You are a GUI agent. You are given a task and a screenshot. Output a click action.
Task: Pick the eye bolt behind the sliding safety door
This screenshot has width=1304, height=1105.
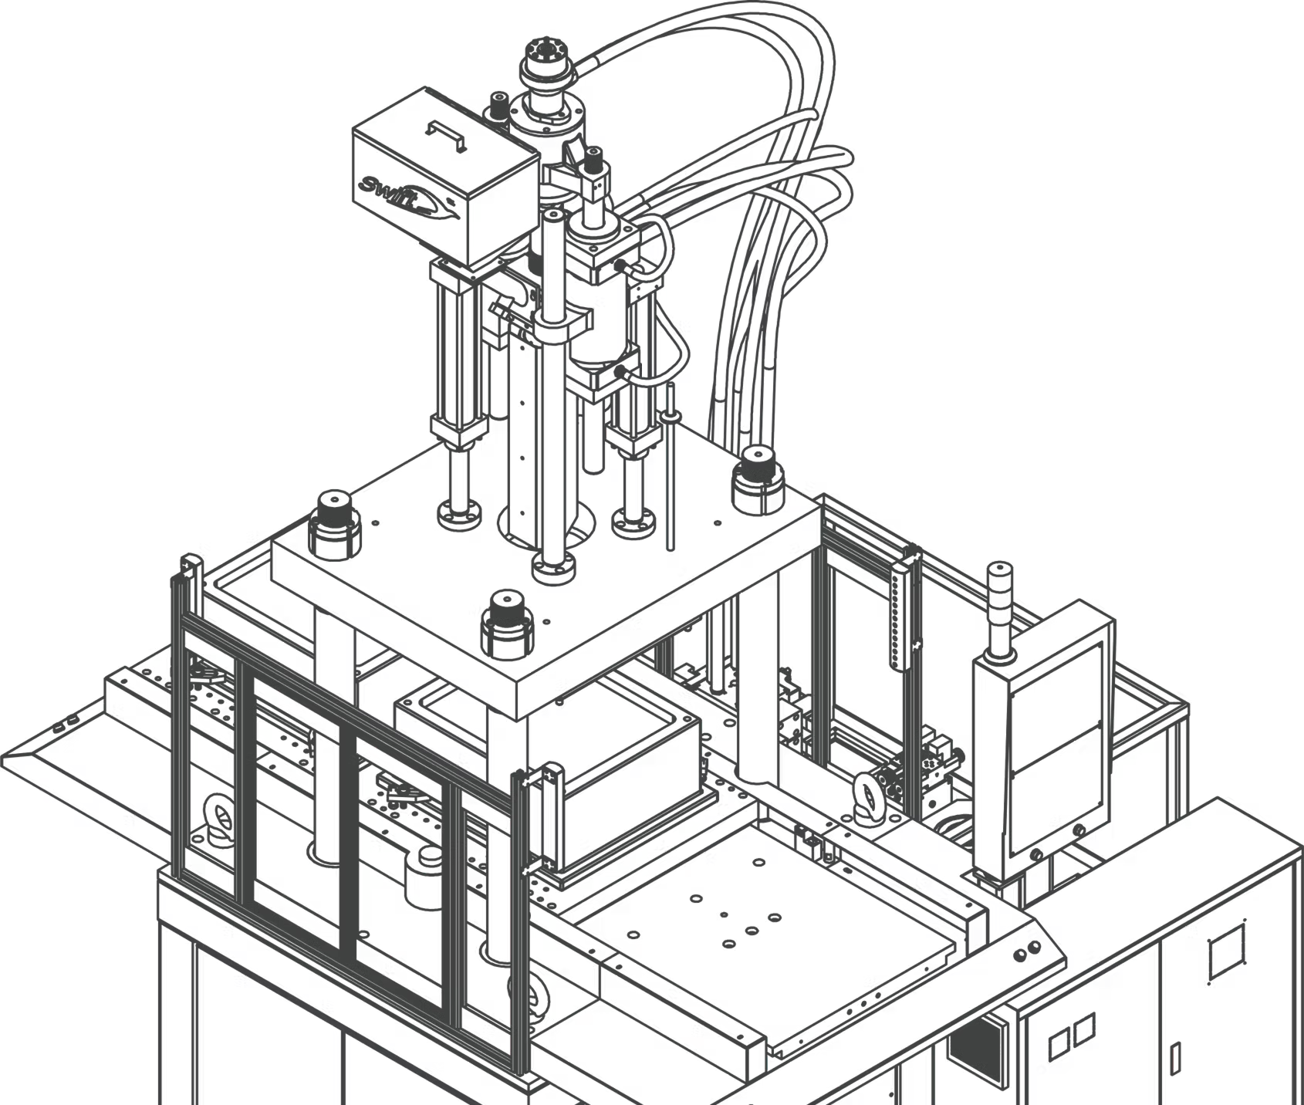click(x=221, y=819)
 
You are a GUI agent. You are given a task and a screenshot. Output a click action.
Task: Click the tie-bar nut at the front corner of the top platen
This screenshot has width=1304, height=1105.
click(x=507, y=625)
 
